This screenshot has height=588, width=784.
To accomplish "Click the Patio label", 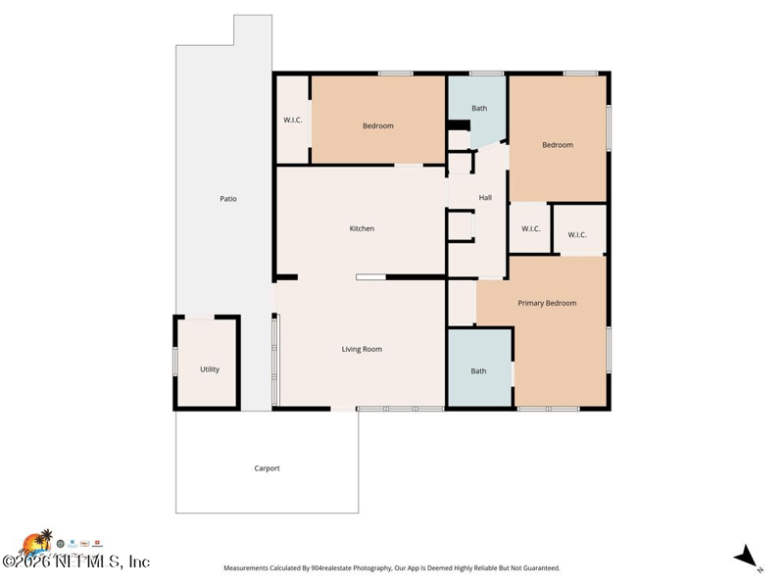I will (227, 199).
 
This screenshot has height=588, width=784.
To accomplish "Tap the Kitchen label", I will (362, 228).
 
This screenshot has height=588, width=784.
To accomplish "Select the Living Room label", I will (362, 349).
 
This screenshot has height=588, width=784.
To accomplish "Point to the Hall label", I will (485, 198).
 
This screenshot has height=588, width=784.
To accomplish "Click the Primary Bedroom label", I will (547, 303).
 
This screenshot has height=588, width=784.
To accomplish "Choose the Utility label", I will (210, 369).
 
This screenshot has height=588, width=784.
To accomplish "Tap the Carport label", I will (267, 468).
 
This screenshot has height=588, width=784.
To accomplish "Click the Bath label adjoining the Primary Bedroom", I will (478, 371).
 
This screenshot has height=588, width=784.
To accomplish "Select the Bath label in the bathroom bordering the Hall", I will (479, 108).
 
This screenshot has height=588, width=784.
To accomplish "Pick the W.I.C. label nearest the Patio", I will (292, 121).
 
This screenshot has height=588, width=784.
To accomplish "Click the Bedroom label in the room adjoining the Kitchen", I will (377, 125).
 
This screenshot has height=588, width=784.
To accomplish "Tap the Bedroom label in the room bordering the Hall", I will (558, 145).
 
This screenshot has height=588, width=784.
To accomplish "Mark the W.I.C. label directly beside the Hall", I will (530, 229).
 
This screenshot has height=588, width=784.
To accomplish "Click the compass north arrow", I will (748, 556).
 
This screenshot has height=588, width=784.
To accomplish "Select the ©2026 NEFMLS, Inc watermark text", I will (76, 562).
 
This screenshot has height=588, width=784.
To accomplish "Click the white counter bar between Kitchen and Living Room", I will (370, 277).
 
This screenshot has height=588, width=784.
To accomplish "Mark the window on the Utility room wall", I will (175, 362).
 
